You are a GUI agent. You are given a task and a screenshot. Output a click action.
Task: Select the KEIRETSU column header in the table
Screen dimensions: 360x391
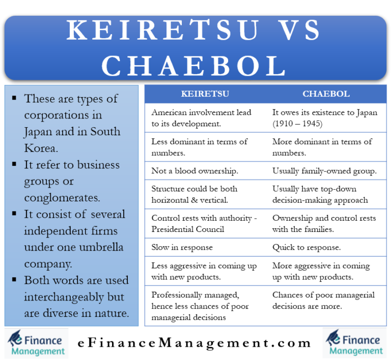click(x=205, y=94)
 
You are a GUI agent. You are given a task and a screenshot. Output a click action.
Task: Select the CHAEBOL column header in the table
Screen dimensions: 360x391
click(x=326, y=94)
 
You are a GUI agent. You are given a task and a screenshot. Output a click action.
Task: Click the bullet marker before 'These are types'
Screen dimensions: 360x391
click(x=14, y=98)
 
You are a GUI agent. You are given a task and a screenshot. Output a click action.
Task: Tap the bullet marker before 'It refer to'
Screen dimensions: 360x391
click(x=14, y=164)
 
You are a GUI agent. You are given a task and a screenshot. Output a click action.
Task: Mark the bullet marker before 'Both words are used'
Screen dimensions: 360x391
click(x=14, y=280)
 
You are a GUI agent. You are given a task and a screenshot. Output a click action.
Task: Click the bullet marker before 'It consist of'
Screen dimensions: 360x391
click(x=14, y=214)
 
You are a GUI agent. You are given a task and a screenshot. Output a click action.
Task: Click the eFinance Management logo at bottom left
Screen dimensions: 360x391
click(x=36, y=343)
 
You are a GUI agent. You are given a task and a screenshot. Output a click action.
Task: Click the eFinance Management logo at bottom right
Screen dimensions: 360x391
click(x=354, y=343)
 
